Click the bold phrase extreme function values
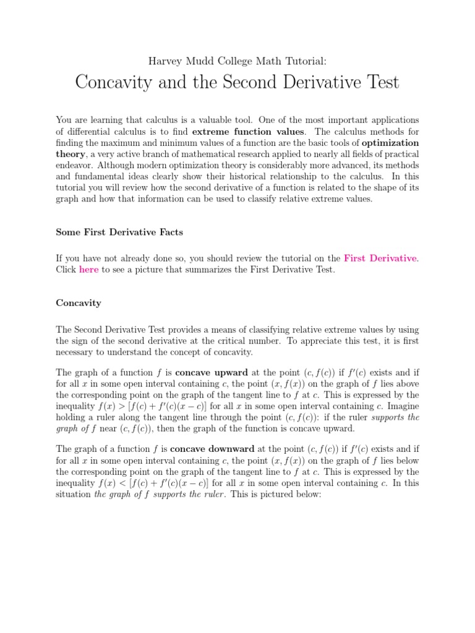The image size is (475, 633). click(248, 131)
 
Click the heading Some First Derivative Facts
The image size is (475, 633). click(119, 232)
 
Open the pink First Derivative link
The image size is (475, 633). click(380, 258)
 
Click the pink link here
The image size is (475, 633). click(88, 270)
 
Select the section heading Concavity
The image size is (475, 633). click(79, 303)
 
